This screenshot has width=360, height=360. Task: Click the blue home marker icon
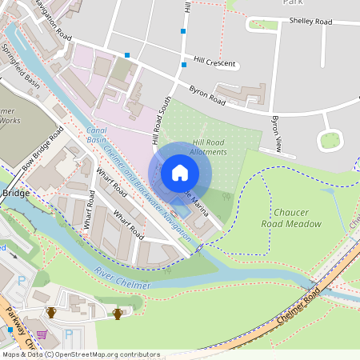tap(180, 172)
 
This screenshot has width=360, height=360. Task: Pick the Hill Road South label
tap(163, 120)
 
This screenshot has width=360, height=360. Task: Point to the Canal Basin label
tap(97, 134)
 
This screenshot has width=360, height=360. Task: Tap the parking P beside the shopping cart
tap(69, 334)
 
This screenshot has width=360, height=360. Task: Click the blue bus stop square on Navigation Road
tap(126, 55)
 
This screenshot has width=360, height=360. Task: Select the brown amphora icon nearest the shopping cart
tap(52, 313)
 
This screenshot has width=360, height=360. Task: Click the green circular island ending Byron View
tap(330, 141)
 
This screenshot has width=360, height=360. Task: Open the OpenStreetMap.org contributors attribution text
tap(104, 354)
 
